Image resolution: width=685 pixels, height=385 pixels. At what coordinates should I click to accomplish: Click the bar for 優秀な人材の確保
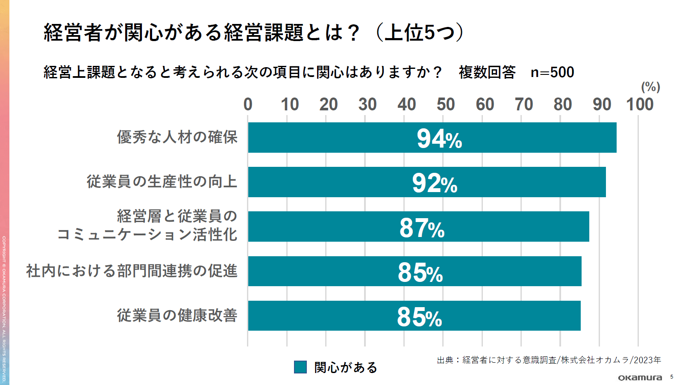pyautogui.click(x=342, y=137)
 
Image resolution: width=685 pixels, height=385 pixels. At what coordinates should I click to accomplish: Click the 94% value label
pyautogui.click(x=439, y=139)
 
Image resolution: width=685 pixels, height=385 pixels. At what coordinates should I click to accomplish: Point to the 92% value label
pyautogui.click(x=435, y=184)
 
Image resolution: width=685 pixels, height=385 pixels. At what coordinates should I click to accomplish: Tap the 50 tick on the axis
pyautogui.click(x=445, y=104)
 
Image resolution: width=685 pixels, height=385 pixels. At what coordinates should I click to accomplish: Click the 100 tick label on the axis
pyautogui.click(x=640, y=104)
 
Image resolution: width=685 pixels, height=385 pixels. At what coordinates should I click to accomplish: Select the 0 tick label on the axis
pyautogui.click(x=248, y=104)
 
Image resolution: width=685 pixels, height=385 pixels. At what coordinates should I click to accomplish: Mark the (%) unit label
pyautogui.click(x=650, y=87)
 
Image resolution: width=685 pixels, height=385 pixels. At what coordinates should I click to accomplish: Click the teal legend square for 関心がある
pyautogui.click(x=300, y=367)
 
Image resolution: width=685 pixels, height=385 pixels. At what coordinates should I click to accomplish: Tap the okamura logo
pyautogui.click(x=640, y=377)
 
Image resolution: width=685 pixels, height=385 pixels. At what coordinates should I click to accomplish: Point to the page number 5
pyautogui.click(x=672, y=377)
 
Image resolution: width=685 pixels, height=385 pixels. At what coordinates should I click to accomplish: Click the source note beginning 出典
pyautogui.click(x=549, y=360)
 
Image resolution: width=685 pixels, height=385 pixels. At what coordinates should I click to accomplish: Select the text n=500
pyautogui.click(x=552, y=72)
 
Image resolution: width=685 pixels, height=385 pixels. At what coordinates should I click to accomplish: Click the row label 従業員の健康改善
pyautogui.click(x=177, y=316)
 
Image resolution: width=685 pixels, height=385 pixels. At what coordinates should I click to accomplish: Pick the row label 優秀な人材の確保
pyautogui.click(x=177, y=137)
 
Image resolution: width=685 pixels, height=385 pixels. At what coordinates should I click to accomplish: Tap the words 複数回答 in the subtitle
pyautogui.click(x=487, y=72)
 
